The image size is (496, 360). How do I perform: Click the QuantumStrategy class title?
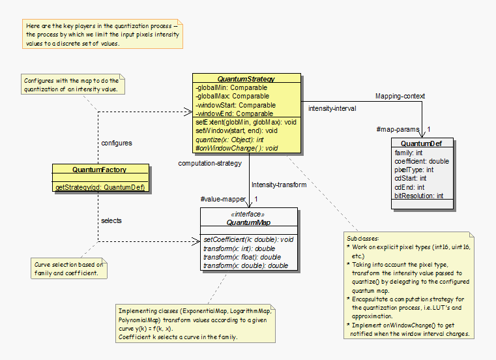click(x=246, y=78)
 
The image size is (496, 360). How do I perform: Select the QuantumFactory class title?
click(x=99, y=170)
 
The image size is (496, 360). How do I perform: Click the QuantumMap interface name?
click(x=248, y=222)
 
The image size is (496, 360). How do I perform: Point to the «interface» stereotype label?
click(x=248, y=214)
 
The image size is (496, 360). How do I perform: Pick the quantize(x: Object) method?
click(x=229, y=140)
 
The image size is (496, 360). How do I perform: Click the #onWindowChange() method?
click(x=236, y=148)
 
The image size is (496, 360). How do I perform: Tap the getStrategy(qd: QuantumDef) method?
click(x=99, y=188)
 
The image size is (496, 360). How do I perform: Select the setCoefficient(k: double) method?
click(x=248, y=239)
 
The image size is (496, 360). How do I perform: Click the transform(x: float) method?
click(x=242, y=257)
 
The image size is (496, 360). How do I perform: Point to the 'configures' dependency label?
click(x=117, y=143)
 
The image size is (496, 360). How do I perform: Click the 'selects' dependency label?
click(x=111, y=220)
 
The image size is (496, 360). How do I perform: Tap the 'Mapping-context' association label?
click(x=400, y=96)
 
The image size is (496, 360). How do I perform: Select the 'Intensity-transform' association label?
click(x=278, y=185)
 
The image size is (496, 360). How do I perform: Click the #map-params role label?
click(x=398, y=129)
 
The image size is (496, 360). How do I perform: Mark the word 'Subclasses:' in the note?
click(x=364, y=239)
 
